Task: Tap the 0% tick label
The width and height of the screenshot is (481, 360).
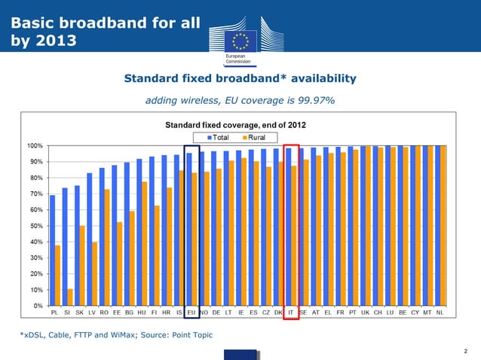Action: click(x=35, y=306)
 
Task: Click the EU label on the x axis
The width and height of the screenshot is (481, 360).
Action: click(x=191, y=312)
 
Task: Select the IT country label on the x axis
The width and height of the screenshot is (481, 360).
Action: click(x=291, y=312)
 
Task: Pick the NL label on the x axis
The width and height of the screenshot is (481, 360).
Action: click(x=440, y=312)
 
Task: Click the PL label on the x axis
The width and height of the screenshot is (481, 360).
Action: click(x=55, y=312)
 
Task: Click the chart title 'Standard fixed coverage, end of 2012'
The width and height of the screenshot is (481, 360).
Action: click(x=235, y=124)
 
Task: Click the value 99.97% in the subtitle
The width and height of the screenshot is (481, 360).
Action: click(x=315, y=100)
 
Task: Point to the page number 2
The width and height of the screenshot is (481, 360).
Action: click(x=467, y=350)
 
